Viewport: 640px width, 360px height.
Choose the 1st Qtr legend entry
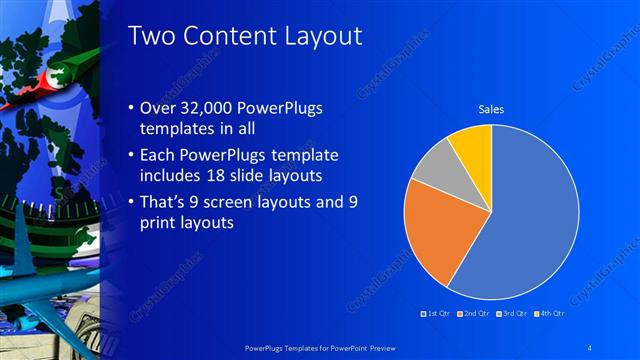tap(436, 314)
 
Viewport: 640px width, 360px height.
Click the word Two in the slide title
tap(152, 36)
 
